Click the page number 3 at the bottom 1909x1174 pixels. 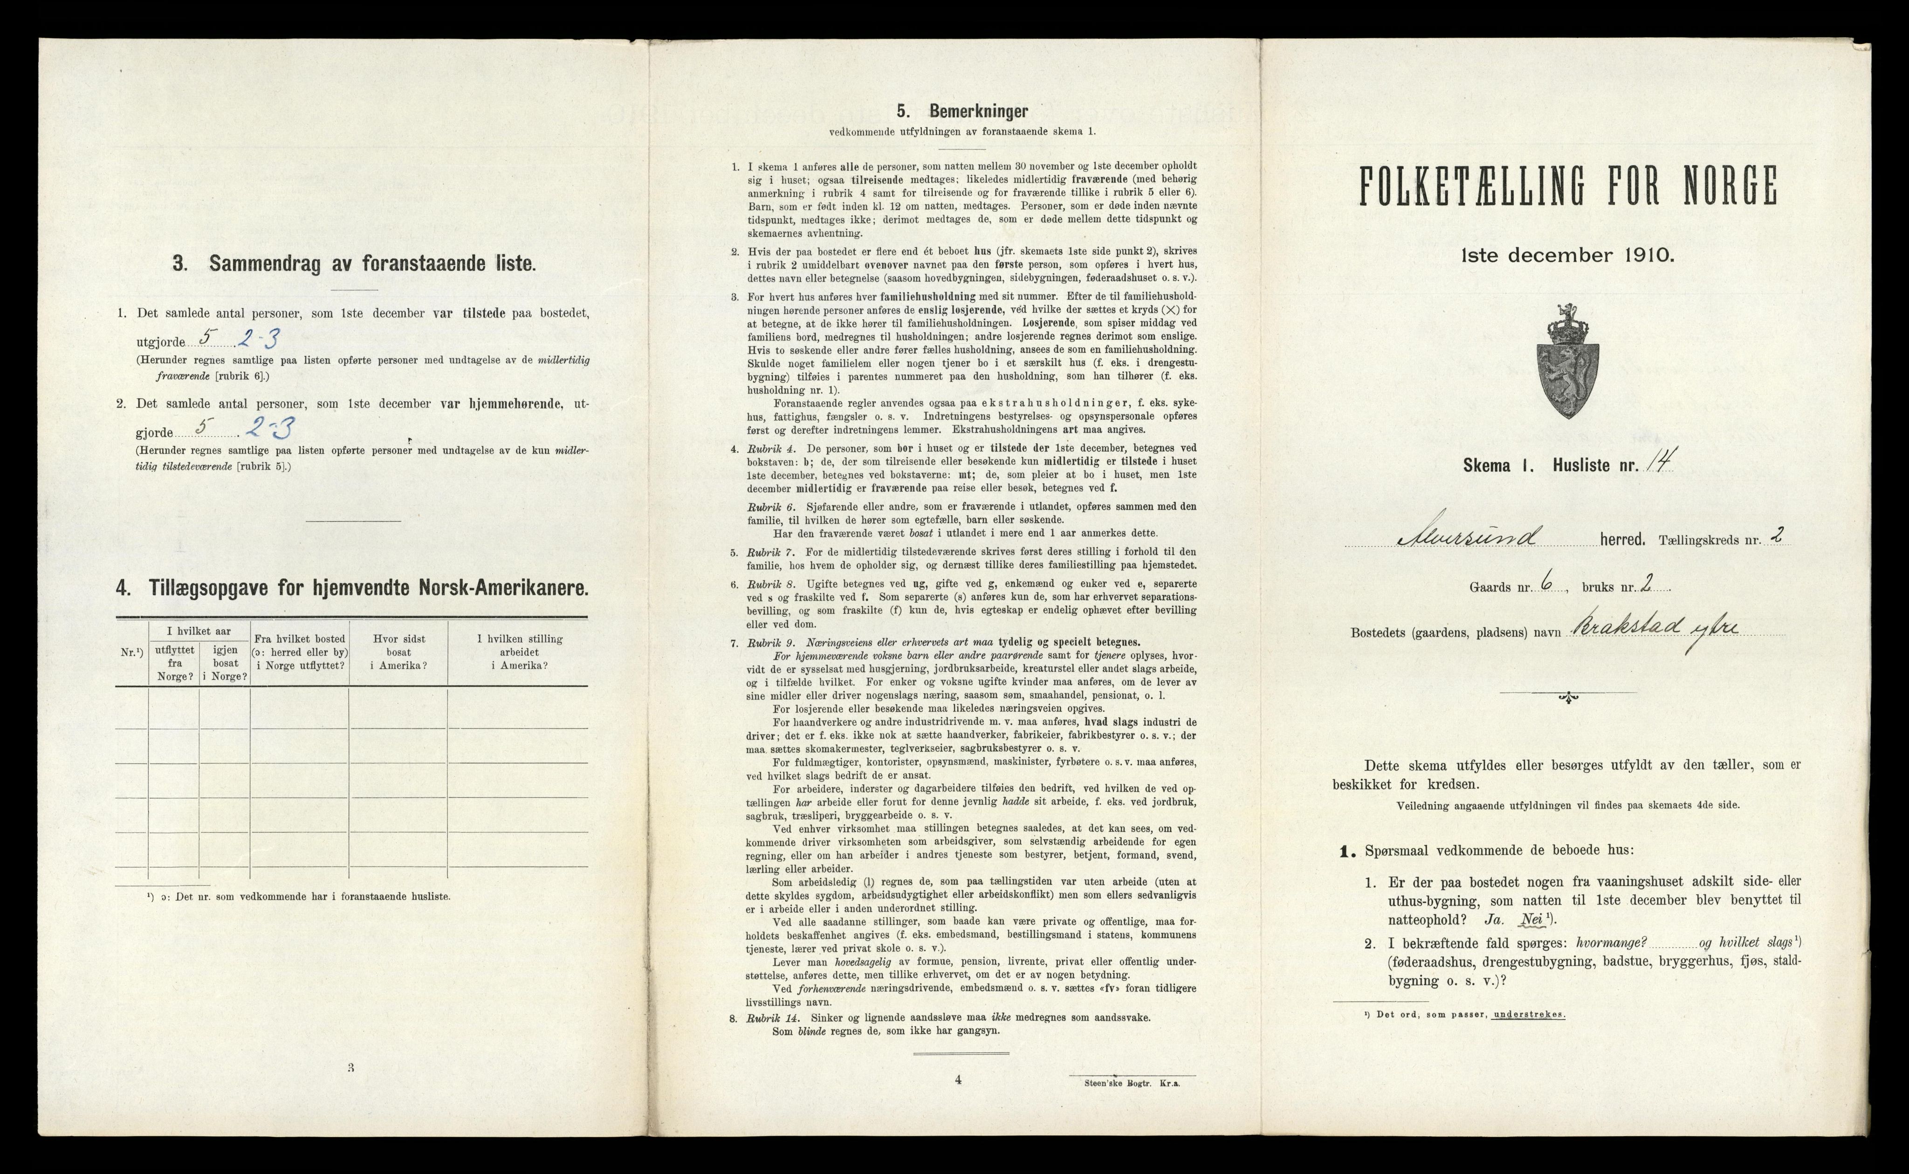[x=351, y=1068]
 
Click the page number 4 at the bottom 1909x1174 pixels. [x=958, y=1079]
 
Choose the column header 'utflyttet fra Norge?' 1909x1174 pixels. [x=174, y=664]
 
